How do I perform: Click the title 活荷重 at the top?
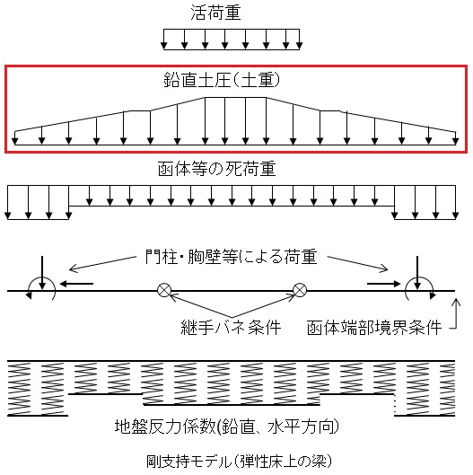click(216, 13)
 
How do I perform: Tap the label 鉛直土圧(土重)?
click(222, 80)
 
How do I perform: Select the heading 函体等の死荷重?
click(217, 169)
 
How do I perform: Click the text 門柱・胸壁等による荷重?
click(231, 257)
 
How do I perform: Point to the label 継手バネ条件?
click(231, 327)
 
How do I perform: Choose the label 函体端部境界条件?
click(374, 328)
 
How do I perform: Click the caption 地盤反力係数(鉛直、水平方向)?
click(227, 427)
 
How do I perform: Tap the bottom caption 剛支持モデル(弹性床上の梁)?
click(240, 462)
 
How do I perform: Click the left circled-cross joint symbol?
click(164, 290)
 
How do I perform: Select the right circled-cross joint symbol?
click(300, 290)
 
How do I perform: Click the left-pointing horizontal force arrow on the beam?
click(76, 284)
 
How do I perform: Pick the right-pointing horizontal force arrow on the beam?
click(383, 284)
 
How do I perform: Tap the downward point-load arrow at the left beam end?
click(42, 273)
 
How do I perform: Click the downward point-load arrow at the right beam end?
click(417, 273)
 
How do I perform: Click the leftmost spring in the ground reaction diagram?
click(19, 389)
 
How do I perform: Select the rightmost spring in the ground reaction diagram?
click(447, 389)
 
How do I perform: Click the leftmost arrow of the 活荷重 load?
click(164, 40)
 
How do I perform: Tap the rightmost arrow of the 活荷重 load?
click(299, 40)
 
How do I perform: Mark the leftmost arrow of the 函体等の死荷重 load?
click(8, 202)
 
